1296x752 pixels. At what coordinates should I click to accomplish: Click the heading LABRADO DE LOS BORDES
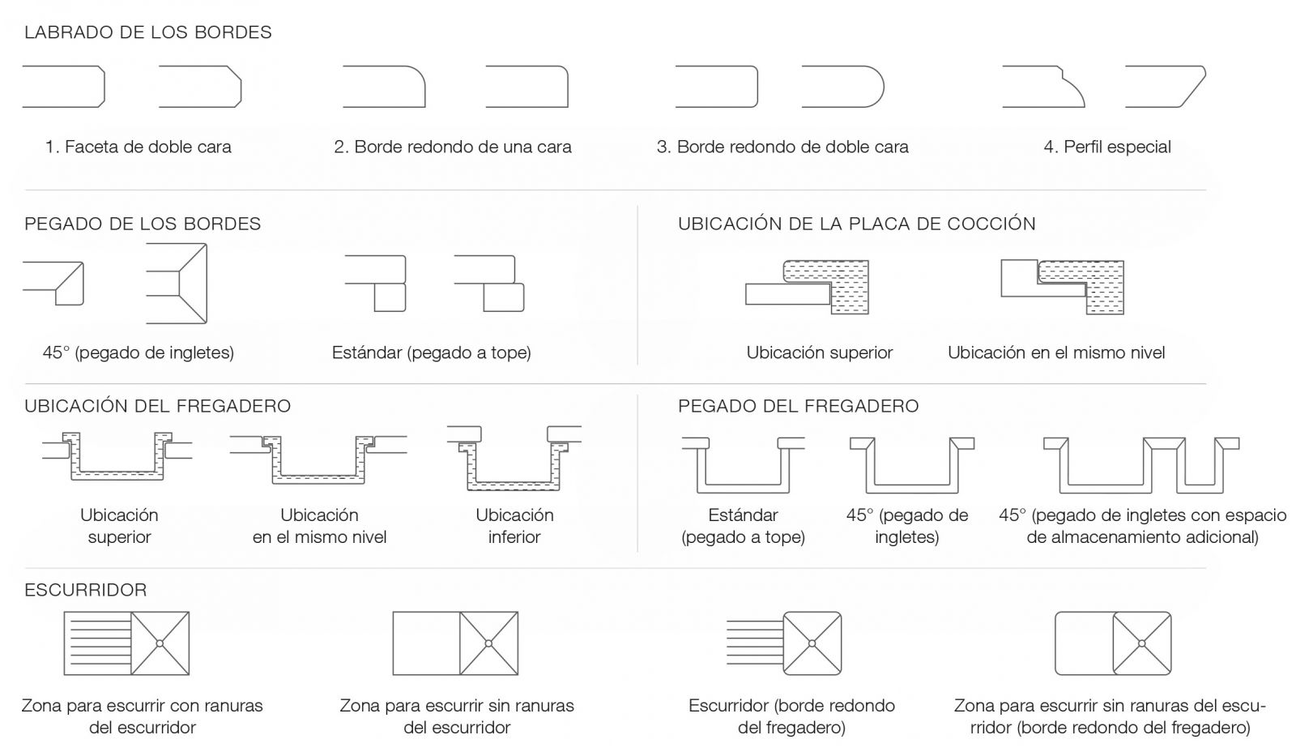click(x=148, y=32)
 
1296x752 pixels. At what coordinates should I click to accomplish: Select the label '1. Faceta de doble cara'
click(x=139, y=147)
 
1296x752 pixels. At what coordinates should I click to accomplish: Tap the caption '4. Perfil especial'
click(x=1107, y=147)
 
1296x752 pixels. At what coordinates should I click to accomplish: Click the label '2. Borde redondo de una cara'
click(x=453, y=147)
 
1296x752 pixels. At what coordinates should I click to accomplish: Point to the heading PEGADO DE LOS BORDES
click(x=143, y=224)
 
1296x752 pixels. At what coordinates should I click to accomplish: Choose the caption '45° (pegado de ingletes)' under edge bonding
click(x=139, y=352)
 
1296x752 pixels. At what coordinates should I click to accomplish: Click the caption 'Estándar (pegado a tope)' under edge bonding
click(x=432, y=352)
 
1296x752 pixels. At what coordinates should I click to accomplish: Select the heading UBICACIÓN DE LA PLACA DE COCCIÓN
click(x=857, y=224)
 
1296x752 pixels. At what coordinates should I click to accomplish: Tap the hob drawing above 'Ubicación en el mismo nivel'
click(x=1062, y=287)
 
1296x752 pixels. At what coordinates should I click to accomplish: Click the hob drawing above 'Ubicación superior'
click(x=807, y=287)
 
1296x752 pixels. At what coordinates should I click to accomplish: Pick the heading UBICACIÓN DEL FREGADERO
click(x=157, y=406)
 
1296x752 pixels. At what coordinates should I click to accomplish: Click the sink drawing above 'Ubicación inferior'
click(x=514, y=459)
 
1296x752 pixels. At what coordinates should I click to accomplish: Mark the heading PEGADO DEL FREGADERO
click(x=799, y=407)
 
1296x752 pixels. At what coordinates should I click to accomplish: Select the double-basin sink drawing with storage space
click(x=1141, y=465)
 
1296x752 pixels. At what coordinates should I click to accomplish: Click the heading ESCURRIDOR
click(x=86, y=590)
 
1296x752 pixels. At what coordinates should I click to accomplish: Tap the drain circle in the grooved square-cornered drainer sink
click(x=160, y=643)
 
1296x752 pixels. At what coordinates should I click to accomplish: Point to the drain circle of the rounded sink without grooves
click(x=1141, y=643)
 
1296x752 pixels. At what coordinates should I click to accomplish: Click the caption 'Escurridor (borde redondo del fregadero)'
click(x=791, y=716)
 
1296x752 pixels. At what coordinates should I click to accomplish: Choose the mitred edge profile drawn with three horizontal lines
click(x=177, y=284)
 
